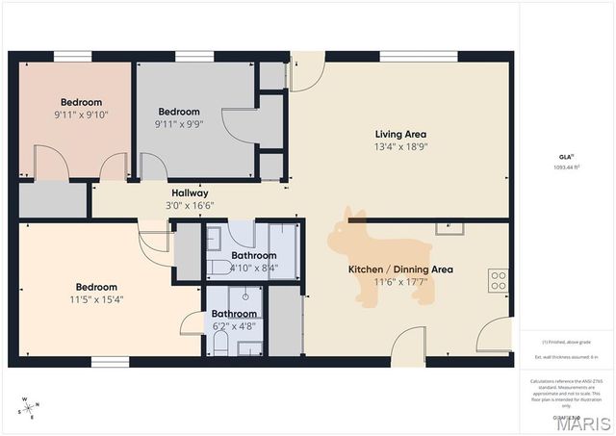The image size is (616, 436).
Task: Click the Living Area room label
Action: pyautogui.click(x=400, y=135)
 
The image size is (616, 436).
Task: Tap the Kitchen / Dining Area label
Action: pyautogui.click(x=400, y=269)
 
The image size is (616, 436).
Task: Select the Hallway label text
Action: pyautogui.click(x=190, y=192)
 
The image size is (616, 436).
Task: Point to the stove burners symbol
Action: pyautogui.click(x=499, y=280)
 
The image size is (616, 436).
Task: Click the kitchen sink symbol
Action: pyautogui.click(x=449, y=228)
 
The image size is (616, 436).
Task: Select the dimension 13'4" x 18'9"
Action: pyautogui.click(x=400, y=147)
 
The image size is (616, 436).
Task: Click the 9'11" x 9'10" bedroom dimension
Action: pyautogui.click(x=81, y=115)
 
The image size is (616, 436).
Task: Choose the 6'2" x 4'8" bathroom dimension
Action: pyautogui.click(x=234, y=326)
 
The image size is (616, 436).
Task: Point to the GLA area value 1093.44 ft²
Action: pyautogui.click(x=565, y=167)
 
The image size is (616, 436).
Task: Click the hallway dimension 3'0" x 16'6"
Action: pyautogui.click(x=190, y=205)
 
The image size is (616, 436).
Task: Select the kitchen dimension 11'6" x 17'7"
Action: pyautogui.click(x=400, y=282)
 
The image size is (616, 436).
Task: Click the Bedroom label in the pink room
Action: pyautogui.click(x=81, y=102)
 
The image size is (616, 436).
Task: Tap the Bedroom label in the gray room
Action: pyautogui.click(x=178, y=111)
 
